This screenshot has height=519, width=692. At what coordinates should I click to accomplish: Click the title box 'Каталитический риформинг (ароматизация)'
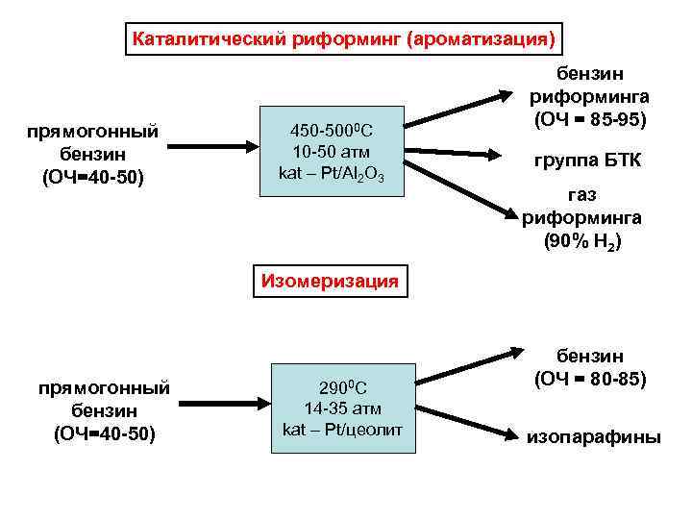pos(343,40)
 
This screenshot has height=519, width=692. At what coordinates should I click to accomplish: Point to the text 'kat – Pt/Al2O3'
pos(332,173)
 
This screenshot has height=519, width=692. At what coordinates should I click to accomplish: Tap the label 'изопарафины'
pos(593,437)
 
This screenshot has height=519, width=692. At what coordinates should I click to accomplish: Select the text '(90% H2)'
pos(582,241)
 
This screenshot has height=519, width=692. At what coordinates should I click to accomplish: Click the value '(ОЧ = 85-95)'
pos(589,120)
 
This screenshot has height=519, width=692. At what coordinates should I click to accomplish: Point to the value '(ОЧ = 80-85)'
pos(591,379)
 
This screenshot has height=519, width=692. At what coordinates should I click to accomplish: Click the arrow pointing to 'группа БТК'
pos(462,151)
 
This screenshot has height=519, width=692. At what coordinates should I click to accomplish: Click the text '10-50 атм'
pos(332,152)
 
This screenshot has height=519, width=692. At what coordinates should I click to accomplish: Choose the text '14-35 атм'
pos(345,408)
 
